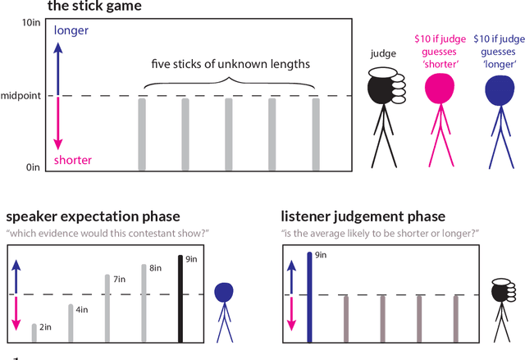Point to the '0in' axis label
(33, 167)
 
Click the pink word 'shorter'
(72, 160)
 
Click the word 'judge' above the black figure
(384, 53)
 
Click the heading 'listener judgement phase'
(363, 216)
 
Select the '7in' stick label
(119, 280)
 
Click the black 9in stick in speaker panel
(180, 298)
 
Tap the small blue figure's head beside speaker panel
(223, 292)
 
